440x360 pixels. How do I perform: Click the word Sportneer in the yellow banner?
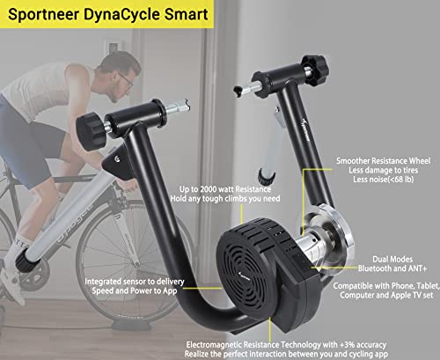click(43, 14)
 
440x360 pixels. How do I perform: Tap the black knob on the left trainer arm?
click(90, 131)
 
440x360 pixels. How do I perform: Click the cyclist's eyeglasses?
click(127, 80)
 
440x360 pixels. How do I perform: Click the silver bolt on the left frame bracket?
click(117, 158)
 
